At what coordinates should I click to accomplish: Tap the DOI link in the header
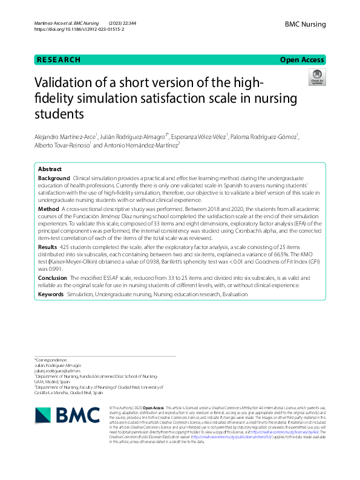coord(79,29)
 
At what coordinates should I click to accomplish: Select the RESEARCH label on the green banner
coord(59,60)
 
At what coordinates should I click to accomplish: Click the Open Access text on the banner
coord(302,60)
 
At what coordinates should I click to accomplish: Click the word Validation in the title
coord(63,83)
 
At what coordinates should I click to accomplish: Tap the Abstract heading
coord(50,169)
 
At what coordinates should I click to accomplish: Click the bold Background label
coord(54,179)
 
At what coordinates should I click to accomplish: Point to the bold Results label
coord(48,247)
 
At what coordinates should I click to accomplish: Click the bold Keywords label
coord(51,294)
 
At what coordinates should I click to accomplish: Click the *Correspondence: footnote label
coord(51,360)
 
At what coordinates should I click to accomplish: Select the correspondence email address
coord(58,371)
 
